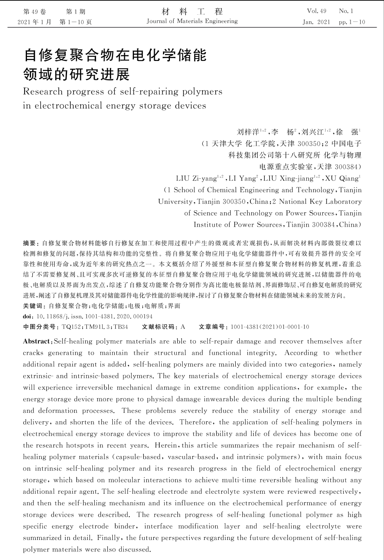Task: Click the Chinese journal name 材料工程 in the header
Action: point(192,11)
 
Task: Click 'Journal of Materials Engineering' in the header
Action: point(192,21)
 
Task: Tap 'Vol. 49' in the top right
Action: point(317,11)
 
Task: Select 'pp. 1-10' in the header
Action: point(352,22)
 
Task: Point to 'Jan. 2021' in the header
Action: point(316,22)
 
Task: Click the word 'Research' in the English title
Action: point(43,91)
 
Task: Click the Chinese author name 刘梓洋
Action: point(248,132)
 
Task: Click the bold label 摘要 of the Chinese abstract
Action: point(30,243)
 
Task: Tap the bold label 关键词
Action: point(33,306)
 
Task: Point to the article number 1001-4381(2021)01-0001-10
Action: point(270,327)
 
